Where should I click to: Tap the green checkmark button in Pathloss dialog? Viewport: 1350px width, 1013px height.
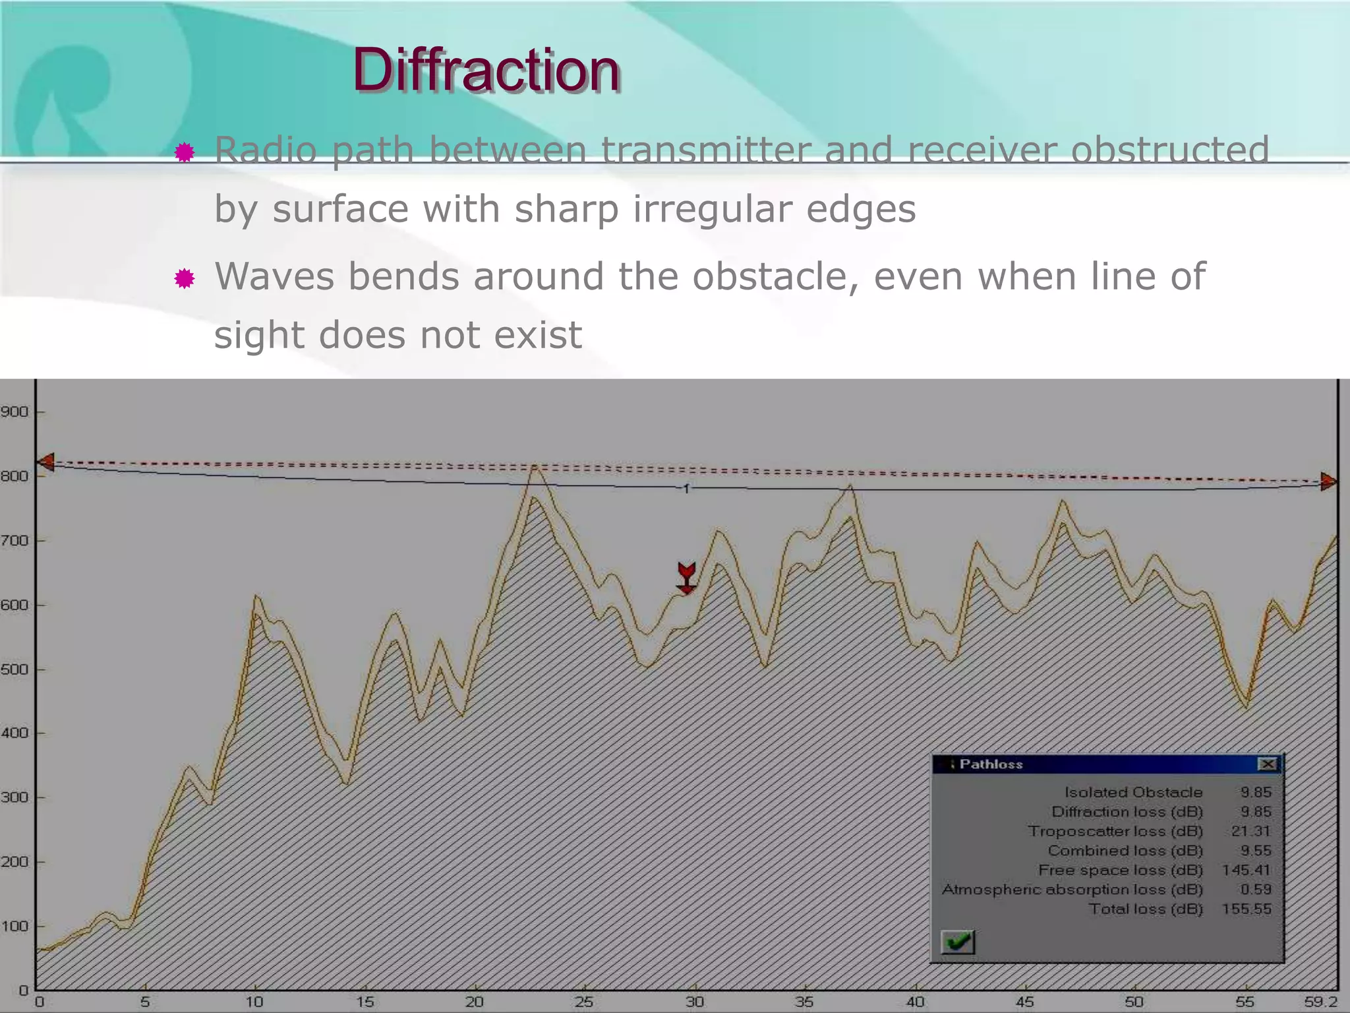(958, 941)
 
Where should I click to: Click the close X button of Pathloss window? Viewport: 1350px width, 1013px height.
(1267, 764)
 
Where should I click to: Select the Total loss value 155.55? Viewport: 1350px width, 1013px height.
(1246, 909)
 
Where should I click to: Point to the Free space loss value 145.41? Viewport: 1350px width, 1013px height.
(1246, 870)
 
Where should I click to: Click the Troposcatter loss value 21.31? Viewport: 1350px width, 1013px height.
(1250, 831)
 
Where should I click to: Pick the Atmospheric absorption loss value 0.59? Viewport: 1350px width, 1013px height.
(1255, 889)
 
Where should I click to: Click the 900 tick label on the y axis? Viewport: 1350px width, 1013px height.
(15, 412)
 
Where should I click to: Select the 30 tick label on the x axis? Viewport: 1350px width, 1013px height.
(694, 1002)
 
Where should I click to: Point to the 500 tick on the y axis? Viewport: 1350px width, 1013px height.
(15, 669)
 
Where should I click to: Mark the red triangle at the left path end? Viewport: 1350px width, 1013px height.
(45, 462)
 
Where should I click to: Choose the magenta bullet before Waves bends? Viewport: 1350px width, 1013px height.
(185, 279)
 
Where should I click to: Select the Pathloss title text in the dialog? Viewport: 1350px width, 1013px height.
(991, 764)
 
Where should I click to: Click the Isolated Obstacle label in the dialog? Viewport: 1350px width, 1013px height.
(1133, 792)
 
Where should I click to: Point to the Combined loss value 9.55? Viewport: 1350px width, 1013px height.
(1255, 851)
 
